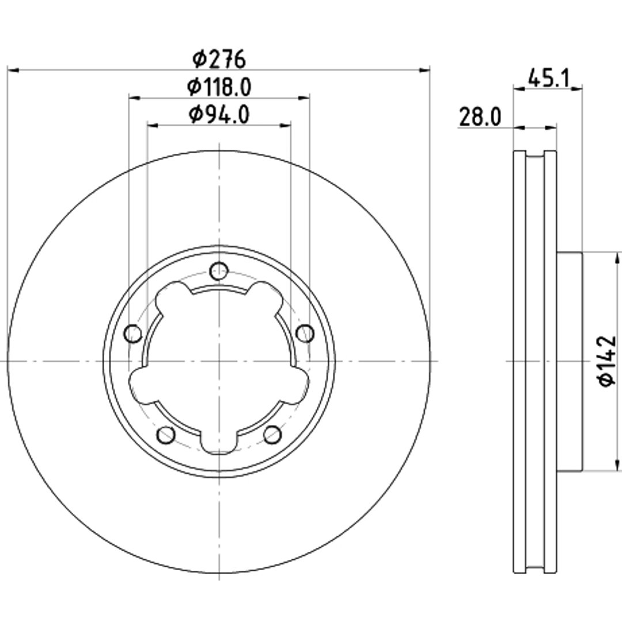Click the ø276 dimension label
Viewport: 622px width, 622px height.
[219, 59]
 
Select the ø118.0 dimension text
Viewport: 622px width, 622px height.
[219, 87]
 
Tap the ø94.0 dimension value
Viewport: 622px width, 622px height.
[219, 115]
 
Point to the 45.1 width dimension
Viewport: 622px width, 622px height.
[549, 78]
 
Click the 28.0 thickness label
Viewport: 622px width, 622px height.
[480, 117]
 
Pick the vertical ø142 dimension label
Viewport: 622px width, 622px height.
[607, 361]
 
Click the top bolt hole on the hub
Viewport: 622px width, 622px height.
[219, 271]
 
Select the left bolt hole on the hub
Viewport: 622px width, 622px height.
[133, 333]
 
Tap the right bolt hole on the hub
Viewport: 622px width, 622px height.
[305, 333]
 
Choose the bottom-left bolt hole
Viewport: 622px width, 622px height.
[166, 435]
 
